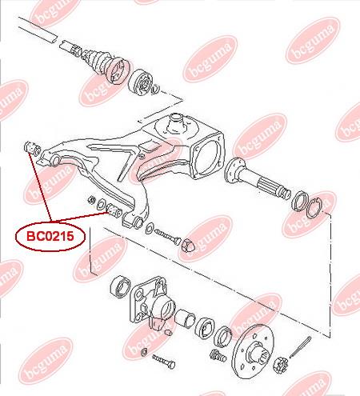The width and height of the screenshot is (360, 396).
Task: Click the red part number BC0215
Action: (50, 236)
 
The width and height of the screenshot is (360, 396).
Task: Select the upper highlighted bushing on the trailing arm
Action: (32, 147)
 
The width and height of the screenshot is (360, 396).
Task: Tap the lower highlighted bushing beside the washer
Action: (114, 210)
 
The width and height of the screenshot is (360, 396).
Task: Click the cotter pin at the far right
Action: (300, 347)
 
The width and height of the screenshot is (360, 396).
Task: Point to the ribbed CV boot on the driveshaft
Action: (99, 61)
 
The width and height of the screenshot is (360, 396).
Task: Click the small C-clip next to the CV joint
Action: (155, 89)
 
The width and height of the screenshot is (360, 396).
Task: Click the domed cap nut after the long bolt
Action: (188, 244)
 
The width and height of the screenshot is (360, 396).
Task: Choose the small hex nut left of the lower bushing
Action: (92, 200)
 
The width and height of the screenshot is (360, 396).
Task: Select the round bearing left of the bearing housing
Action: (120, 286)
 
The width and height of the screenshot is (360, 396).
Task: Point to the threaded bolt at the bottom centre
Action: (163, 362)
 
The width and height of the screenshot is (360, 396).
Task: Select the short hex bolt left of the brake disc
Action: (218, 355)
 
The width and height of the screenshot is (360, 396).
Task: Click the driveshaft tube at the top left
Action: (38, 30)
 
